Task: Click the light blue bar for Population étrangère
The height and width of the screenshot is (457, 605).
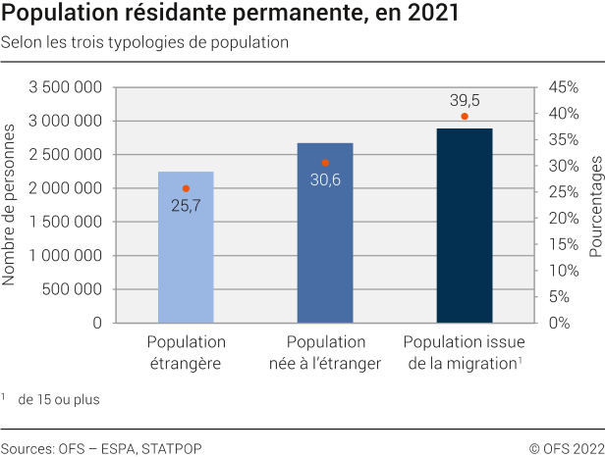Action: click(186, 255)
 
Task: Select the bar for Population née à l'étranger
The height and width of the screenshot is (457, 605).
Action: click(325, 245)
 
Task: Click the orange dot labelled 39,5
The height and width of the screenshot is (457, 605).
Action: click(465, 117)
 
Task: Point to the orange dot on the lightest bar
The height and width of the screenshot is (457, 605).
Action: click(186, 188)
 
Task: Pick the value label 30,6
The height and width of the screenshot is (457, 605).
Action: click(325, 180)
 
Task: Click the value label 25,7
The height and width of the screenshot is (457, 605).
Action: click(186, 206)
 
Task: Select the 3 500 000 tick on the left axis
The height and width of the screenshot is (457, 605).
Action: click(67, 88)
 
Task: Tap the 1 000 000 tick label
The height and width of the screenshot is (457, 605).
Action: click(67, 256)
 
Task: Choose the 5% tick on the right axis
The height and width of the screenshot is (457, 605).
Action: click(559, 296)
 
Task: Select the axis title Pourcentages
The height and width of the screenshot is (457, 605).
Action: click(595, 204)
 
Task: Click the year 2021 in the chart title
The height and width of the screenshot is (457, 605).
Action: click(428, 16)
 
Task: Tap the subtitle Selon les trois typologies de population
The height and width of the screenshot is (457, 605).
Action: click(144, 43)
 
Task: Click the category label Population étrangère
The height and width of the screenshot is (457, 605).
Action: click(186, 352)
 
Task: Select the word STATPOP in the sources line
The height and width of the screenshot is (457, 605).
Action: click(172, 448)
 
